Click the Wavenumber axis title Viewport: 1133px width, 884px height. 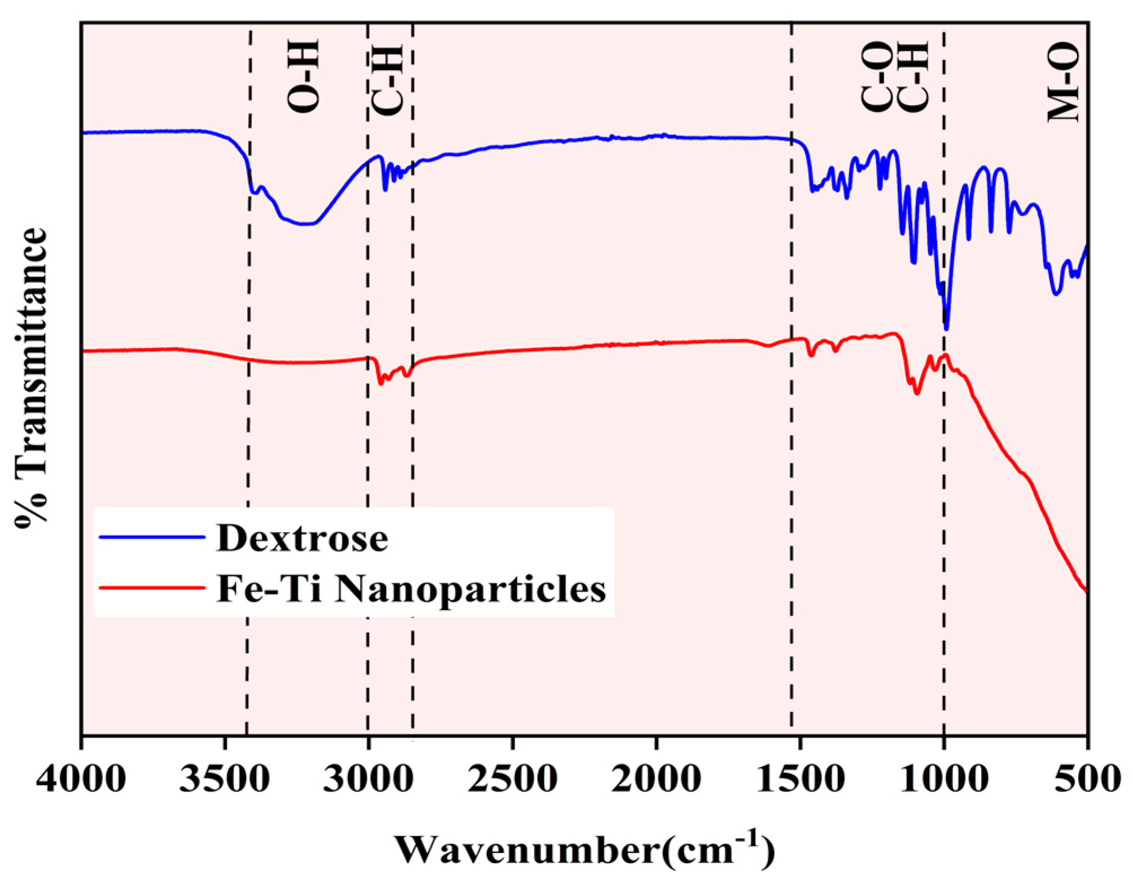coord(584,850)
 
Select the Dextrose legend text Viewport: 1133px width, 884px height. coord(302,538)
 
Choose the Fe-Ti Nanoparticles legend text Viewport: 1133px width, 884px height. coord(411,589)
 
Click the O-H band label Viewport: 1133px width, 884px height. coord(304,76)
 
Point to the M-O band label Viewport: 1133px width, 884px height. coord(1063,82)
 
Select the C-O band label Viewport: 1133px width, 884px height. coord(876,77)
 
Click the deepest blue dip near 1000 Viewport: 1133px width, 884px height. coord(947,327)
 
